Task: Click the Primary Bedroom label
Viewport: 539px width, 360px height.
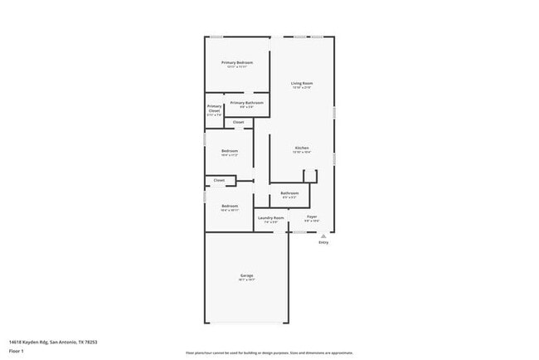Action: [x=237, y=63]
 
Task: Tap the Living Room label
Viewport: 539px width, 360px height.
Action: [x=301, y=83]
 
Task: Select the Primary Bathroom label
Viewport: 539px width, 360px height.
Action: [x=241, y=103]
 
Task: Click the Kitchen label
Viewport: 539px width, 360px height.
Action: [x=301, y=148]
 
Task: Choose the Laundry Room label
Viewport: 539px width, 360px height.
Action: [x=271, y=218]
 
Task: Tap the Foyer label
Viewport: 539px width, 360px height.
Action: [x=312, y=217]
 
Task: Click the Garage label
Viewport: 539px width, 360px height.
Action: [x=247, y=275]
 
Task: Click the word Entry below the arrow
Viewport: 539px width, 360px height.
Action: [x=323, y=243]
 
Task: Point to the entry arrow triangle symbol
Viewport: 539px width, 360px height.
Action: [x=323, y=236]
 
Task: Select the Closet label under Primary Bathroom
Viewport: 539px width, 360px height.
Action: [x=238, y=122]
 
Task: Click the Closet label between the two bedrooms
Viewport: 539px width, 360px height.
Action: [x=219, y=180]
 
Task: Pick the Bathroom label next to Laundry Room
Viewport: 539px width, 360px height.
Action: [x=289, y=193]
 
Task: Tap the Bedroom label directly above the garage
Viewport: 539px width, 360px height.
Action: [x=230, y=206]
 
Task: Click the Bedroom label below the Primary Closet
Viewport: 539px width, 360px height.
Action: [x=230, y=150]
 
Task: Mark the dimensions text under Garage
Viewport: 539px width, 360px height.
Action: [x=247, y=280]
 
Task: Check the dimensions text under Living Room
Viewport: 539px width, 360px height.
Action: [x=301, y=88]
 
